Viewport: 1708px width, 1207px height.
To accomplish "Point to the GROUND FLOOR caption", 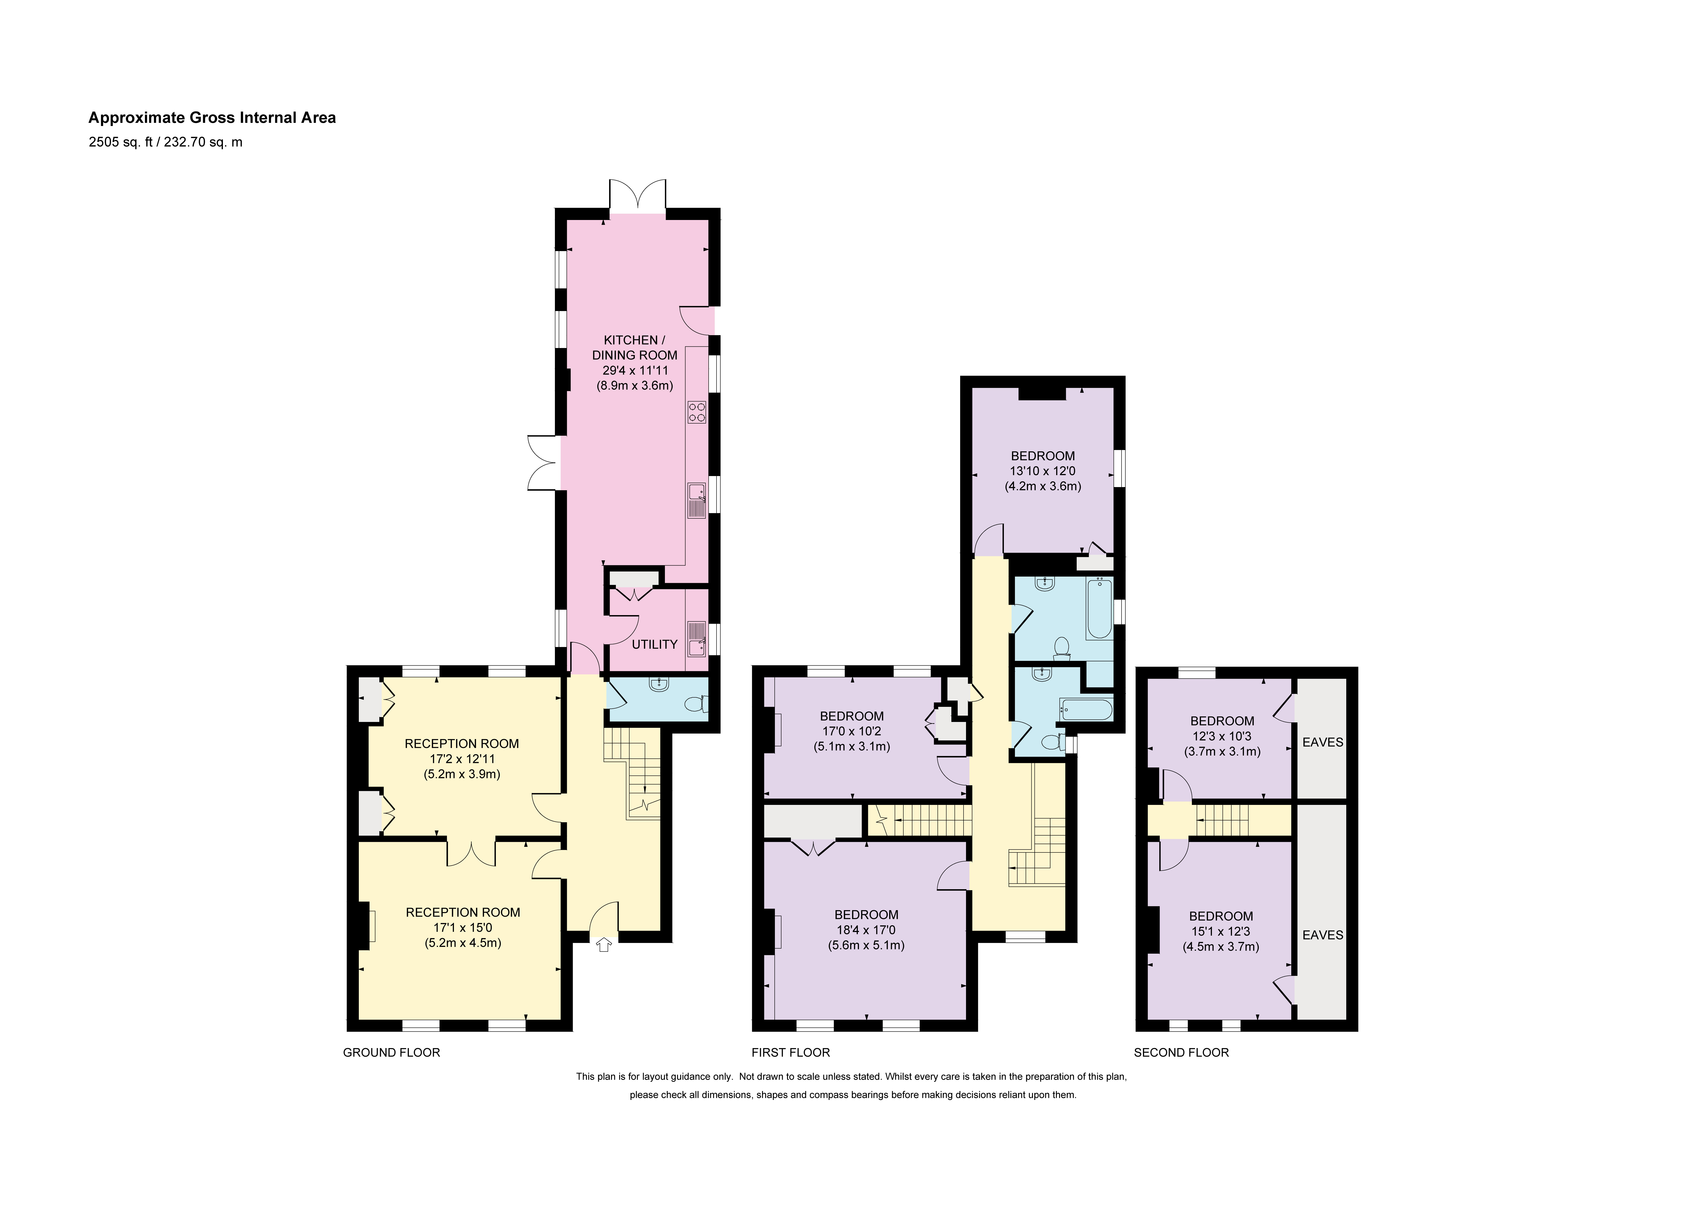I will click(x=391, y=1052).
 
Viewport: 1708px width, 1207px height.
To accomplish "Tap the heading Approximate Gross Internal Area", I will click(x=212, y=118).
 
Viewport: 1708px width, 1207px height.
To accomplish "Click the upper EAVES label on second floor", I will click(x=1323, y=742).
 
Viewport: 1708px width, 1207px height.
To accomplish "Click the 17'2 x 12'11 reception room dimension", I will click(x=462, y=759).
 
